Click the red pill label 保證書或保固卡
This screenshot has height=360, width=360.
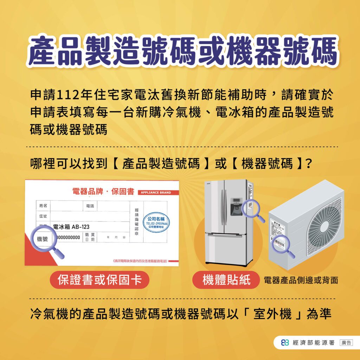(x=99, y=280)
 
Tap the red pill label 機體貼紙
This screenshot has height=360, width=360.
(x=226, y=280)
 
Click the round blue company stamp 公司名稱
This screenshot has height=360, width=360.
(x=157, y=223)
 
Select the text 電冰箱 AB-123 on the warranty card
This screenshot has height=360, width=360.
(x=69, y=227)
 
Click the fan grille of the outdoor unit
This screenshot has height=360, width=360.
(x=324, y=225)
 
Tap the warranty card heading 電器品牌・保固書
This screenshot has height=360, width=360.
(x=103, y=192)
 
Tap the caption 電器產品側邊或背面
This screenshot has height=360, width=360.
(x=301, y=280)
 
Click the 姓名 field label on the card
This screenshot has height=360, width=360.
(x=43, y=205)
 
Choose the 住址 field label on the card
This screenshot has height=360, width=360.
(x=43, y=216)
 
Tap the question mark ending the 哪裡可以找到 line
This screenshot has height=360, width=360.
(x=308, y=163)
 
